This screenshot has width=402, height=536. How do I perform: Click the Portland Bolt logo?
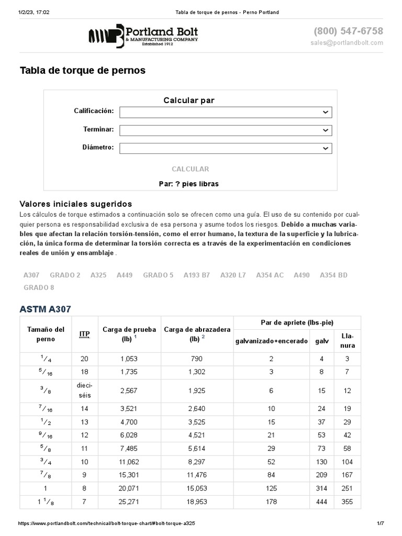143,36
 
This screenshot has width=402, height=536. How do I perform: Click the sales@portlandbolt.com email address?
347,42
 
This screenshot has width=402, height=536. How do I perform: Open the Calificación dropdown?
226,112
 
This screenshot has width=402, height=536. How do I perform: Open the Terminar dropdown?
226,130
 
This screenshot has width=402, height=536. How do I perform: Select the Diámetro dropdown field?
226,149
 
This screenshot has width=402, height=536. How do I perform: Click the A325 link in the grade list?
98,275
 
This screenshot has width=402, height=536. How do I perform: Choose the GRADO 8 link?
39,287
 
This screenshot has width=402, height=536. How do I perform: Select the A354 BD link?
333,275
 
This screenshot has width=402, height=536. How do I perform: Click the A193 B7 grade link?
196,275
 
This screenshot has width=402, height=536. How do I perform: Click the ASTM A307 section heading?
45,309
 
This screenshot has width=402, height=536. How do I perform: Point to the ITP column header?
84,334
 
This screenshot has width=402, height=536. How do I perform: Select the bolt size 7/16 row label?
45,409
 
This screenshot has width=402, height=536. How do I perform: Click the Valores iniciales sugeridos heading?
75,204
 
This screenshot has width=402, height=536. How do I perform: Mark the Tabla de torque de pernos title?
82,70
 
